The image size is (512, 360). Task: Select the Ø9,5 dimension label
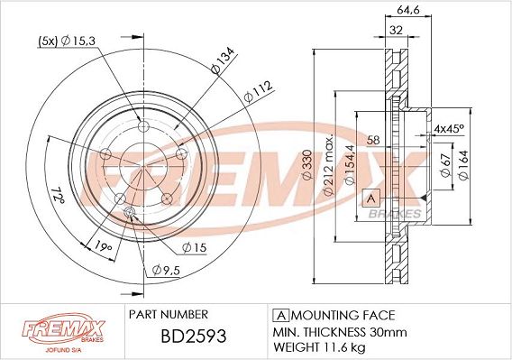coord(167,268)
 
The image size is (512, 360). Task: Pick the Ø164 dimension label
coord(462,165)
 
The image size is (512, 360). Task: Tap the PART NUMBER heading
coord(169,314)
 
